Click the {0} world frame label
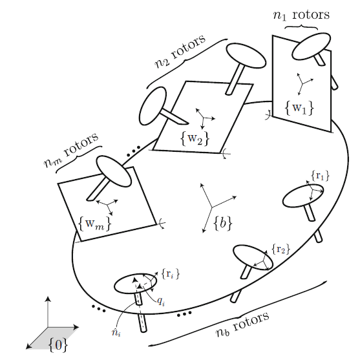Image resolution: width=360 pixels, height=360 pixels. click(x=59, y=345)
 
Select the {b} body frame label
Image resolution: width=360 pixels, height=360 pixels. click(x=223, y=223)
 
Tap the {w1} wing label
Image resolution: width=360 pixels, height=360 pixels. click(x=299, y=107)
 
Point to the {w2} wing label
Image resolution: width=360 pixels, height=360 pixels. click(x=195, y=138)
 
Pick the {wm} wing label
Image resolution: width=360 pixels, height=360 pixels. click(x=94, y=224)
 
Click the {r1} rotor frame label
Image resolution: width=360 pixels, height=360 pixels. click(x=321, y=176)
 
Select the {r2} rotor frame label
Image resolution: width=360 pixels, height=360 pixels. click(x=281, y=249)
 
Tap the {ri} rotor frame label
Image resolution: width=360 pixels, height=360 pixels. click(x=171, y=274)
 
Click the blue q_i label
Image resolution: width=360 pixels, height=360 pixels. click(x=161, y=301)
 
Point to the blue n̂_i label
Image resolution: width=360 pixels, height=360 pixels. click(x=116, y=332)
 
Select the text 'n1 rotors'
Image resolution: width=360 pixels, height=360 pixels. click(x=301, y=15)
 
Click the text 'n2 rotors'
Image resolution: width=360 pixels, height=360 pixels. click(x=180, y=52)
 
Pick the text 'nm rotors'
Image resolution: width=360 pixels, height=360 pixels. click(x=70, y=151)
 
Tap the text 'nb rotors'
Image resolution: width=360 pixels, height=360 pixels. click(x=242, y=324)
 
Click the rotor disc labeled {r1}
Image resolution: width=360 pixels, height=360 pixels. click(x=303, y=196)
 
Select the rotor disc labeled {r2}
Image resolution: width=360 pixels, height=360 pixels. click(x=253, y=258)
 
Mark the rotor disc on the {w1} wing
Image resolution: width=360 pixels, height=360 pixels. click(x=311, y=47)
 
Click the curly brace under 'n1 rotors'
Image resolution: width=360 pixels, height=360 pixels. click(x=301, y=27)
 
